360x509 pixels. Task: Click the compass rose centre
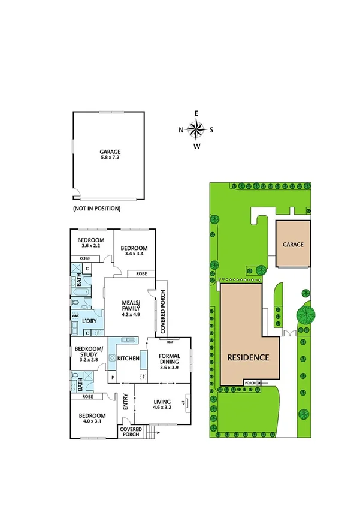pos(196,129)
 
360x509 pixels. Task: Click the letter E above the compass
pos(196,113)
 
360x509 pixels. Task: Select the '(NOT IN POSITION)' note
pos(97,209)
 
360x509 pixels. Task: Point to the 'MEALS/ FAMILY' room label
pos(131,305)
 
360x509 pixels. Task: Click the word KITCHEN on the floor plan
pos(128,359)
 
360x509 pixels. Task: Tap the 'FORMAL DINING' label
pos(169,360)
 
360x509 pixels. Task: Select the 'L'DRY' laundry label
pos(89,321)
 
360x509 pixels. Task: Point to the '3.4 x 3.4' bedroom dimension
pos(134,254)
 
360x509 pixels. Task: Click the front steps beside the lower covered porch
pos(158,430)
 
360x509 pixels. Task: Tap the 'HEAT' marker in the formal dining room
pos(170,342)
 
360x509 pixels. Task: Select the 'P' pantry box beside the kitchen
pos(113,377)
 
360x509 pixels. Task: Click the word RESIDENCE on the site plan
pos(248,357)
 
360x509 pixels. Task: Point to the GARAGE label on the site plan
pos(294,245)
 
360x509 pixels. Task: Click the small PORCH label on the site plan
pos(250,382)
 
